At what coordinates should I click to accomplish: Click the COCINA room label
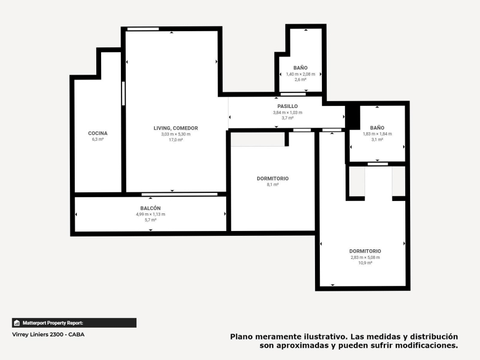coord(98,133)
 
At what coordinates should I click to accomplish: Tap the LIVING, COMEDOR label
coord(176,128)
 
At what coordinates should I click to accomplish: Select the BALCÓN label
coord(151,208)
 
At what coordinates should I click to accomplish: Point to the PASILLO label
coord(288,106)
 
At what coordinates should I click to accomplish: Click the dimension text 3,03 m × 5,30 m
coord(176,134)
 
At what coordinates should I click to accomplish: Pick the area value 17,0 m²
coord(176,140)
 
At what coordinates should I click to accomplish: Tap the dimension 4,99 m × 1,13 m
coord(151,214)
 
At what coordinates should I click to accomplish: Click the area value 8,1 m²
coord(273,185)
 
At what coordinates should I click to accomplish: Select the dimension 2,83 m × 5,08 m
coord(365,257)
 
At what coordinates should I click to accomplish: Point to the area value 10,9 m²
coord(365,263)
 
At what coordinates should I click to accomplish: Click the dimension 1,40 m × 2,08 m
coord(300,74)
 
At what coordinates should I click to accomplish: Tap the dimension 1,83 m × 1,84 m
coord(377,134)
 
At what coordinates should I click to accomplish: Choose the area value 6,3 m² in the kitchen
coord(98,139)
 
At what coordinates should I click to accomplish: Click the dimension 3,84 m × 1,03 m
coord(288,112)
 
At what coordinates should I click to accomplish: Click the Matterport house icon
coord(17,323)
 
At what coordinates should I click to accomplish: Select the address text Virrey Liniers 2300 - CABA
coord(48,335)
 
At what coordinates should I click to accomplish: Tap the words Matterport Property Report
coord(53,323)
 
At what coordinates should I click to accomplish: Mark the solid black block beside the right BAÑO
coord(353,118)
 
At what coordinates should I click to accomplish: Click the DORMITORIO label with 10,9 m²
coord(365,251)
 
